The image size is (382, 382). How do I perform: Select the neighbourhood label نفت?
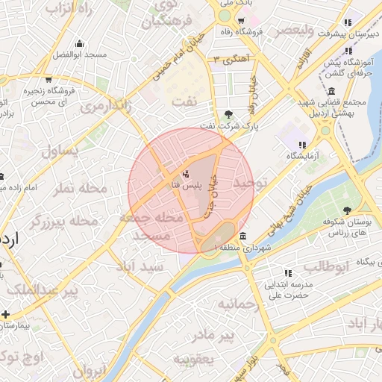pos(184,99)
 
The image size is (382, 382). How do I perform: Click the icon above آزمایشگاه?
pos(302,145)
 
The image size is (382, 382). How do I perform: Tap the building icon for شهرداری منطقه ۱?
pos(243,236)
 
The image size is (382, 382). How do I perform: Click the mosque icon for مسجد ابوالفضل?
pos(79,43)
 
